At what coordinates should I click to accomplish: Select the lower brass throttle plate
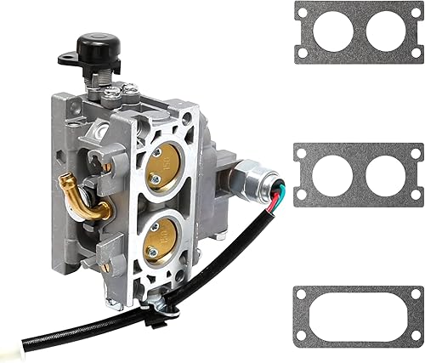coord(161,241)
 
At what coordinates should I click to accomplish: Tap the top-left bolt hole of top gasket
coord(302,11)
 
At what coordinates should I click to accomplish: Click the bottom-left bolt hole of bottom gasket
coord(302,339)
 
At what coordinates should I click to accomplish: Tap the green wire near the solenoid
coord(277,195)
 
